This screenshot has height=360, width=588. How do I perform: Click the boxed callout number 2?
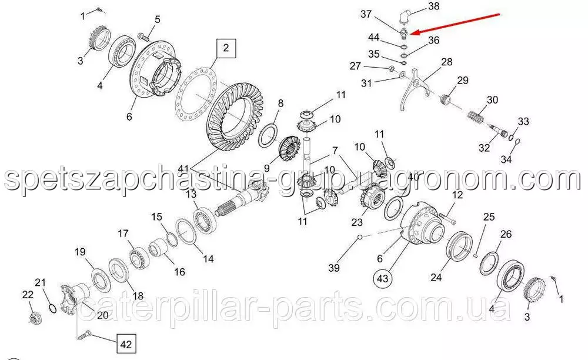tap(226, 48)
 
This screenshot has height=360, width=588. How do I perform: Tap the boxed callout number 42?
tap(126, 344)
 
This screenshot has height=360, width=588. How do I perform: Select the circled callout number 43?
tap(383, 279)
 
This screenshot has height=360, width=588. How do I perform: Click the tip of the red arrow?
tap(410, 34)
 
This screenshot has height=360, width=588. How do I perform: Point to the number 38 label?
tap(433, 6)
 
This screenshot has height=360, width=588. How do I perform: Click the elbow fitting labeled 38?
tap(407, 18)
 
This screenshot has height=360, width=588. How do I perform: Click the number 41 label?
tap(183, 169)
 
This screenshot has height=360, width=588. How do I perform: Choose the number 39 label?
tap(334, 268)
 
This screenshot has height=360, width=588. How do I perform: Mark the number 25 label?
tap(489, 216)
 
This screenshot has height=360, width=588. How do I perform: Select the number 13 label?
tap(191, 194)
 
